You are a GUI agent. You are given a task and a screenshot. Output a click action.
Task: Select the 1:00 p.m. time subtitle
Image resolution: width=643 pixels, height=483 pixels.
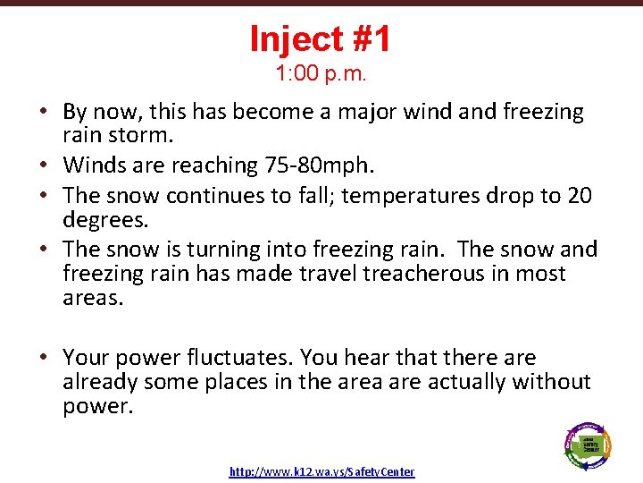point(321,73)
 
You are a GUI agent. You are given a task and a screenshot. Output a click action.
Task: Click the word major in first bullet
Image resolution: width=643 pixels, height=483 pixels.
point(347,112)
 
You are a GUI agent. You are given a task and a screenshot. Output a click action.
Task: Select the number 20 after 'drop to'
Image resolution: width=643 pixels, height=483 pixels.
point(579,196)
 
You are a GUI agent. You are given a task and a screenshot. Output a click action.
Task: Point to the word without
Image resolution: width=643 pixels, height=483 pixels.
point(552,382)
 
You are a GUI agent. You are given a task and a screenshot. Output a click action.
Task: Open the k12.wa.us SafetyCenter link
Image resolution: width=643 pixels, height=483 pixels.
point(321,471)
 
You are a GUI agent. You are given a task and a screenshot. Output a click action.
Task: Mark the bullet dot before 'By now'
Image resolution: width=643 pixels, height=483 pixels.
point(43,113)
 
